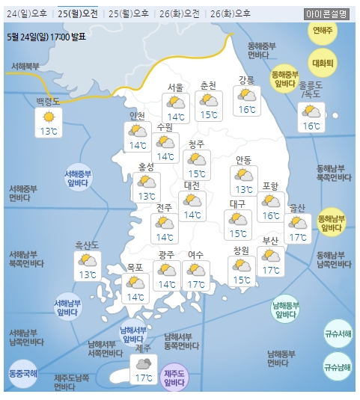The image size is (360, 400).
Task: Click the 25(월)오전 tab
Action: (77, 13)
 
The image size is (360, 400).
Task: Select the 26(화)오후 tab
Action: (231, 13)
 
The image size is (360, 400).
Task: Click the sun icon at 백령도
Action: (49, 117)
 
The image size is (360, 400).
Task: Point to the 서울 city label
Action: (176, 87)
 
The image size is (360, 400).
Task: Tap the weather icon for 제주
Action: (142, 363)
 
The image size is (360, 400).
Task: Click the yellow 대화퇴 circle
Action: (323, 62)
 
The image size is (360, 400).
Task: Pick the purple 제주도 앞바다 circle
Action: (174, 378)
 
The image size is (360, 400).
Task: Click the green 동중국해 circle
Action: (22, 372)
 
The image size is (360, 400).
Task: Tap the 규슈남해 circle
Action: (338, 366)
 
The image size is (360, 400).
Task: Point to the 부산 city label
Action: (270, 241)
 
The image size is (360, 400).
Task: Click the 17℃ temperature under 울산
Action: (298, 238)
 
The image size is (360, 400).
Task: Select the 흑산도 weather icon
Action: (88, 260)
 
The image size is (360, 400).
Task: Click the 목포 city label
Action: (135, 267)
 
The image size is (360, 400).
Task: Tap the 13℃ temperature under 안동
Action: (244, 189)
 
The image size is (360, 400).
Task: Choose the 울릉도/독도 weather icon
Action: (309, 112)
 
